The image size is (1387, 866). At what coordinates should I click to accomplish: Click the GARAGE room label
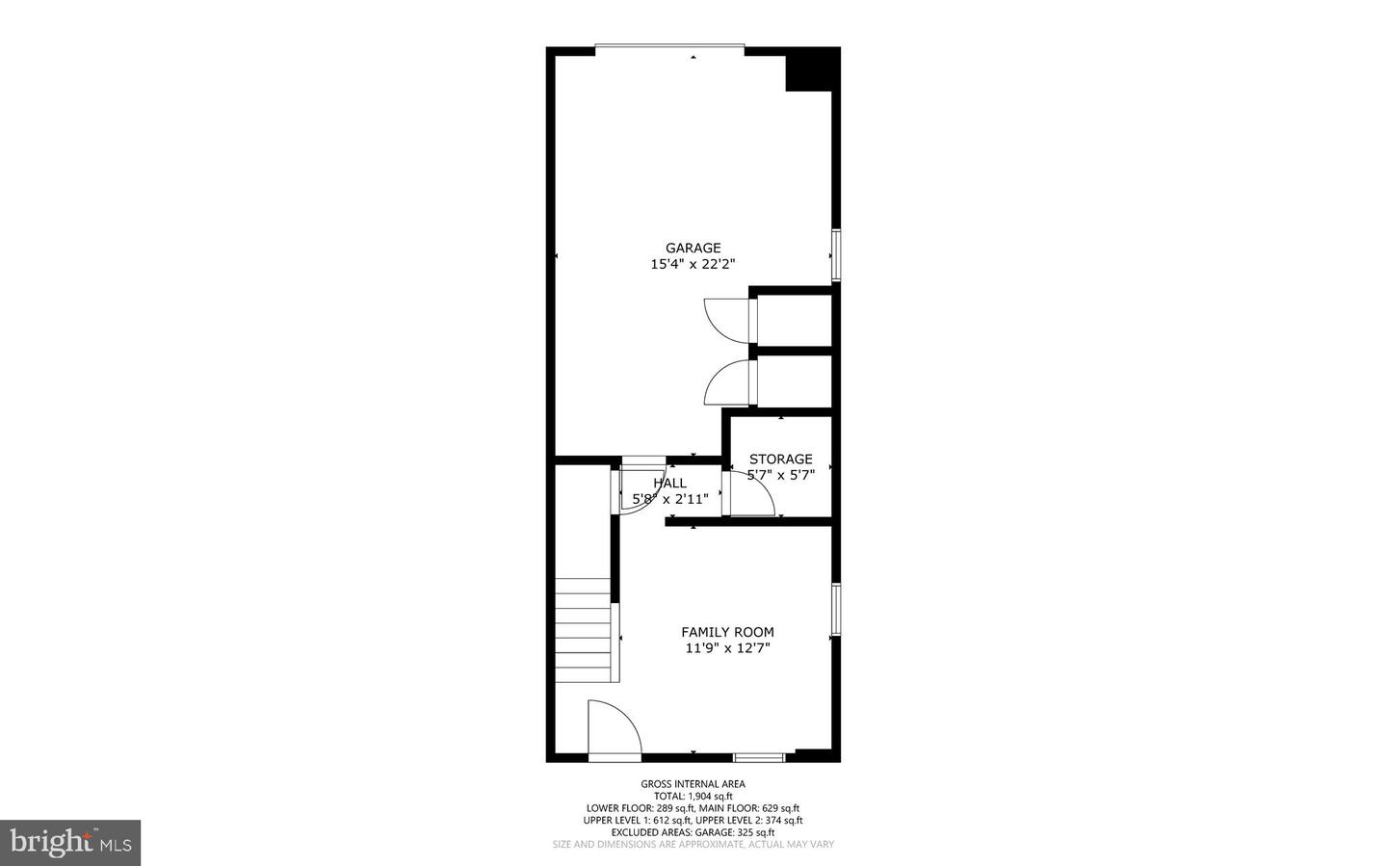[x=693, y=248]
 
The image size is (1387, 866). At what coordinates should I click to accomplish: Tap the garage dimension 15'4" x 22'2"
[x=693, y=264]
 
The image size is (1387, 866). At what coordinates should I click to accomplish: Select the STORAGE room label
[x=780, y=459]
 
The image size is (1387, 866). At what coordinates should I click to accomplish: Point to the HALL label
[x=669, y=483]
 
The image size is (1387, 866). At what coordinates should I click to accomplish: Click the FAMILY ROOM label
[x=727, y=632]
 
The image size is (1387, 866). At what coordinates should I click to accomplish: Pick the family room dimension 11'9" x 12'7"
[x=727, y=648]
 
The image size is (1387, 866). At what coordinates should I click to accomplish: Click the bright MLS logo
[x=70, y=843]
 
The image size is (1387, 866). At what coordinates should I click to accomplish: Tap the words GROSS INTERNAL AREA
[x=693, y=784]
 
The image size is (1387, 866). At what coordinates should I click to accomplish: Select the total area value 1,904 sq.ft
[x=708, y=796]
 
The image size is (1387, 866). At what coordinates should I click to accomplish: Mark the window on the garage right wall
[x=835, y=254]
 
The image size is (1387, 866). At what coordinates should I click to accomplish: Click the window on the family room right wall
[x=835, y=609]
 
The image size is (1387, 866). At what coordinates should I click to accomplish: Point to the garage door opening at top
[x=669, y=47]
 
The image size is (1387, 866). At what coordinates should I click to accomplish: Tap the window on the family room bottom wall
[x=759, y=757]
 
